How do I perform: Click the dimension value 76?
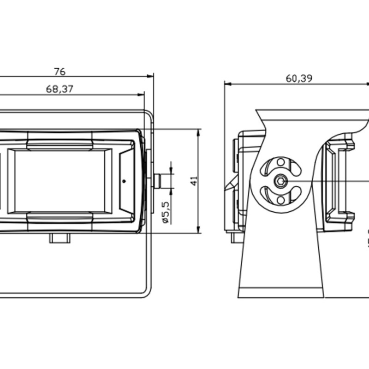tap(60, 71)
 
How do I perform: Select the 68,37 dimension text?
tap(60, 89)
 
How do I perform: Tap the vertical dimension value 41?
tap(194, 181)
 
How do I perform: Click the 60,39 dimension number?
tap(299, 78)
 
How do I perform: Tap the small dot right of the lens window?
tap(124, 181)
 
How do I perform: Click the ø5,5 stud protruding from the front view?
tap(159, 181)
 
